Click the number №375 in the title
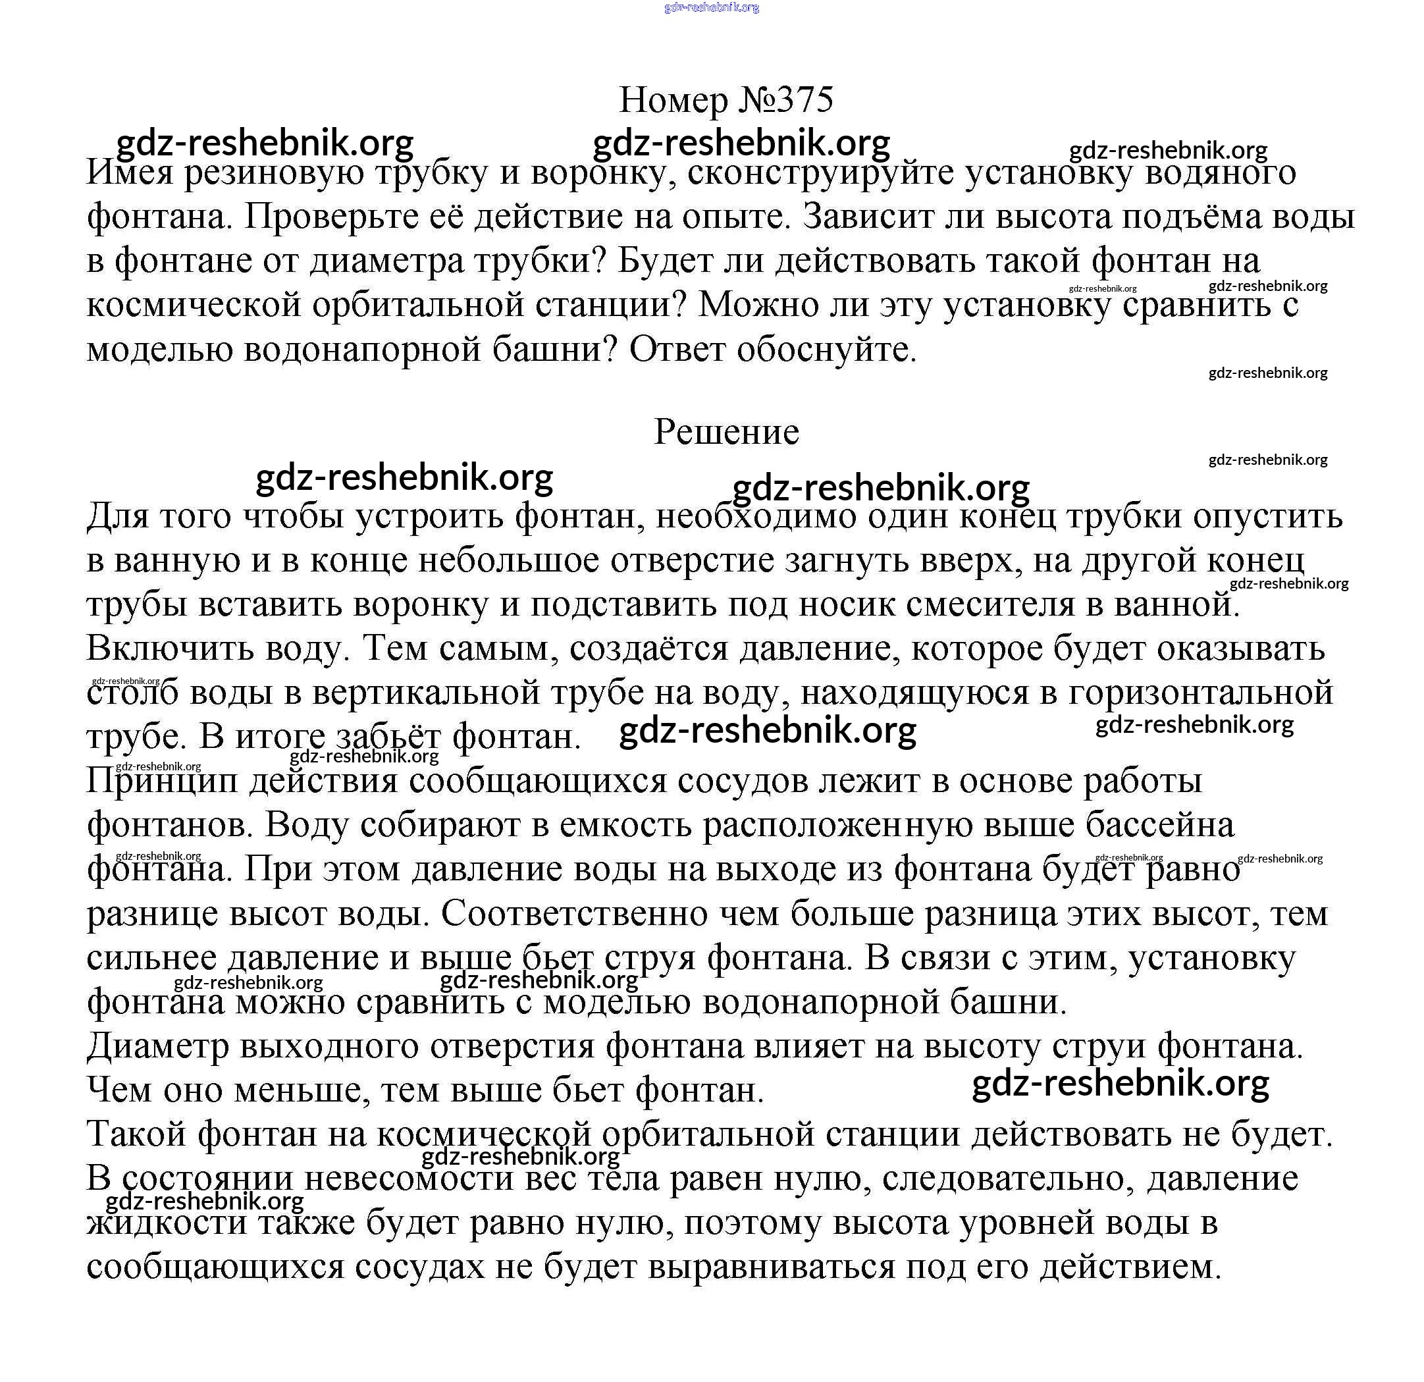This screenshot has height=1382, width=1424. (786, 99)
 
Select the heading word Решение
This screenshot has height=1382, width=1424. (727, 432)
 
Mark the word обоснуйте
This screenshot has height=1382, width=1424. (826, 350)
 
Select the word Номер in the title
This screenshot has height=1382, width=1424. (673, 99)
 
